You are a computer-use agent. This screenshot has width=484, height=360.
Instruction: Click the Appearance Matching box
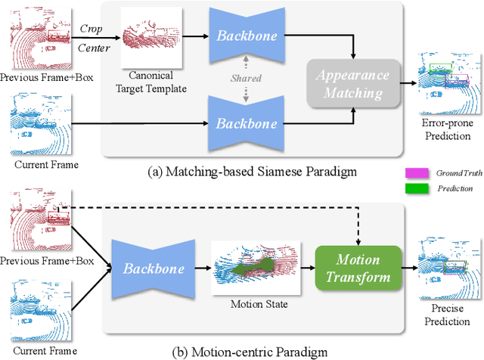tap(353, 84)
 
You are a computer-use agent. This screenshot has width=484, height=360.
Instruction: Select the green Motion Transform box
tap(353, 268)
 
